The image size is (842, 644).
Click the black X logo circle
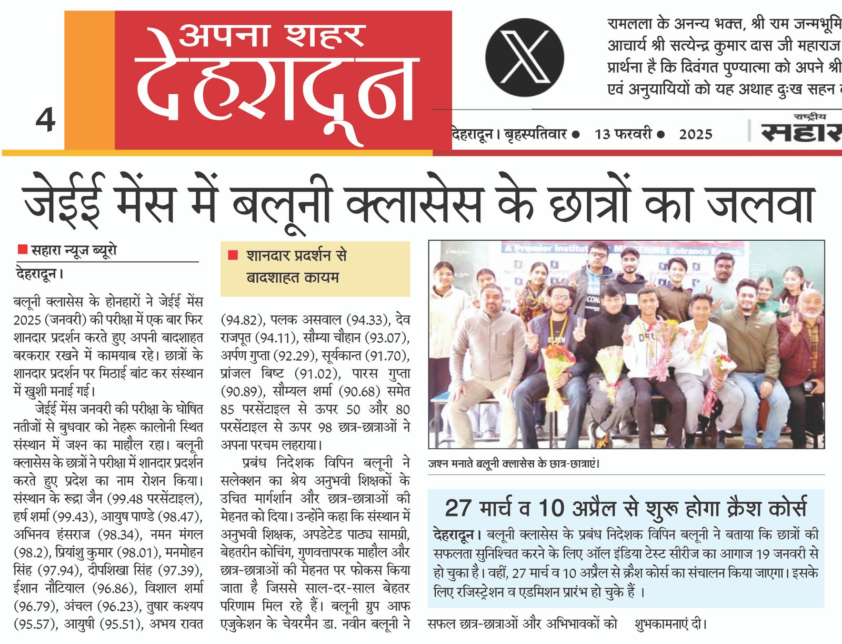click(x=524, y=57)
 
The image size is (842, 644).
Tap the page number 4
click(x=46, y=120)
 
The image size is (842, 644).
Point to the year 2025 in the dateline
click(x=695, y=134)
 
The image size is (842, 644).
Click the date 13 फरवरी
click(x=623, y=134)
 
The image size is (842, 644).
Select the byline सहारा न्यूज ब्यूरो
click(x=74, y=251)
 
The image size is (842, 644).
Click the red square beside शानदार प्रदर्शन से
click(x=233, y=255)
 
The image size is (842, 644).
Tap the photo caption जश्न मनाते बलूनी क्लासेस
click(x=513, y=464)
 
